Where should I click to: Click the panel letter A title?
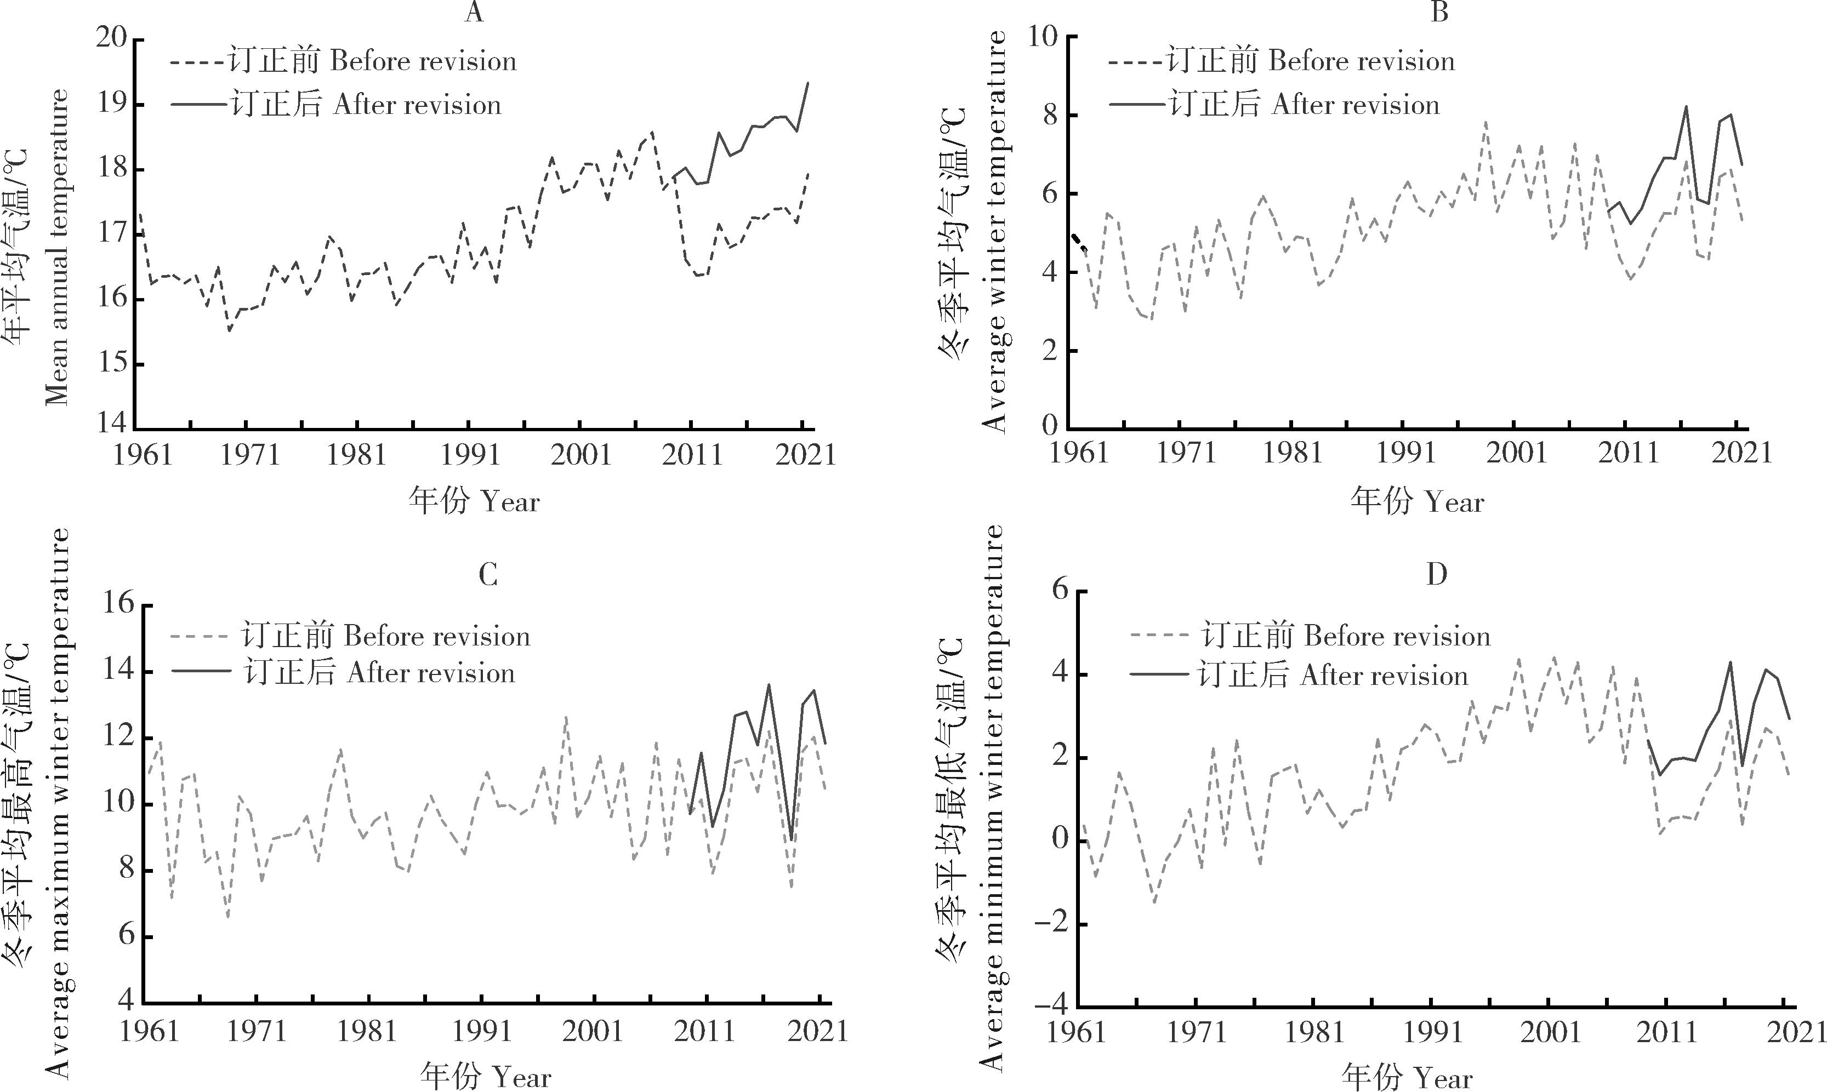point(475,13)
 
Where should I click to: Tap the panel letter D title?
point(1436,575)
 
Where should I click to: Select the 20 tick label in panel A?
point(112,39)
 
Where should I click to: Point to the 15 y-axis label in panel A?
point(112,364)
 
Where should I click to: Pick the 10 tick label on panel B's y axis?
point(1043,37)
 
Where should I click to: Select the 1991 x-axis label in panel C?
point(481,1031)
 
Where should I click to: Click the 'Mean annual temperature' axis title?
point(58,247)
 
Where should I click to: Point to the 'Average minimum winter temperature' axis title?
point(992,798)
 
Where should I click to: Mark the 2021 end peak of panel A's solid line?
point(807,83)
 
